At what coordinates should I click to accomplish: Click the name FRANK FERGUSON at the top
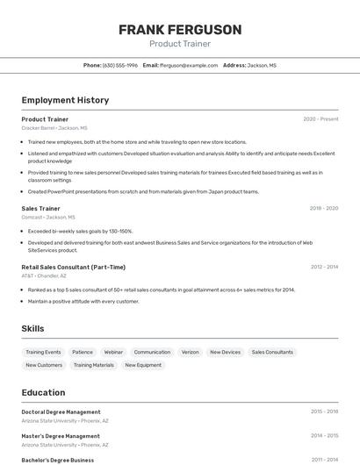(180, 30)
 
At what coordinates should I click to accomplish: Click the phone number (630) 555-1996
(120, 65)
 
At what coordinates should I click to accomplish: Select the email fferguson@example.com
(188, 65)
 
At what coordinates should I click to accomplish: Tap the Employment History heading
(65, 100)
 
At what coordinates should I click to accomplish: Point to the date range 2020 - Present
(320, 119)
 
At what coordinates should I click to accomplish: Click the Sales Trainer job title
(40, 209)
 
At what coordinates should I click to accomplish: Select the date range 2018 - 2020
(324, 209)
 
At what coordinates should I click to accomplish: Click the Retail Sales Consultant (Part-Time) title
(73, 267)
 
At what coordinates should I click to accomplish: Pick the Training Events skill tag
(43, 352)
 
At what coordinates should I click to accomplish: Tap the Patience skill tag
(83, 352)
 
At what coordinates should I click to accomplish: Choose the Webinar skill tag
(113, 352)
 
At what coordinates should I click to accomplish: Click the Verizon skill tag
(190, 352)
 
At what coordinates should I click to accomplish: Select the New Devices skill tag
(225, 352)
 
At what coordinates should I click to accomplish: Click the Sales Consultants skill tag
(272, 352)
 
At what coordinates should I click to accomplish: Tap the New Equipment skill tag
(143, 365)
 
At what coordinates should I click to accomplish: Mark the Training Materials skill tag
(94, 365)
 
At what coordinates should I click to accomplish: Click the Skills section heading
(32, 328)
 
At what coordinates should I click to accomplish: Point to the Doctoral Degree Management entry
(61, 411)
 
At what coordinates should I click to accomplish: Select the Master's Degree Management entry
(61, 436)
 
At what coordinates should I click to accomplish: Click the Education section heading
(43, 392)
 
